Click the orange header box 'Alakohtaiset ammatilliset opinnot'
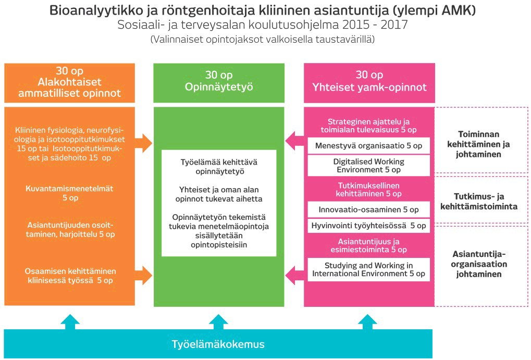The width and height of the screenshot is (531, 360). coord(69,83)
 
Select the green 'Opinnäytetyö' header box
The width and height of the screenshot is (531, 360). coord(219,83)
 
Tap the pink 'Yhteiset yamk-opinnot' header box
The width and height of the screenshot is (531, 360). coord(369,83)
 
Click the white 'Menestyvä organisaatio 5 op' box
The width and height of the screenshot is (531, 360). coord(368,146)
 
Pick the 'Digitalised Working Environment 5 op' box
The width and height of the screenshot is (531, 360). coord(368,166)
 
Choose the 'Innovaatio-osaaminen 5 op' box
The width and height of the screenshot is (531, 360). coord(368,209)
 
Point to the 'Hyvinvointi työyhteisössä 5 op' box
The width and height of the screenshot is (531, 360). coord(368,226)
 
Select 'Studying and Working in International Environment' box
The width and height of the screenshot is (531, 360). coord(368,269)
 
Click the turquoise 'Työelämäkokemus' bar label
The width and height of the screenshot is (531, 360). coord(218,344)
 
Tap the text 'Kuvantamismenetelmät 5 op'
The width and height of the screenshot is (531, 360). coord(69,193)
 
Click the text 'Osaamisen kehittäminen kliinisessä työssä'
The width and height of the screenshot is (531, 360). coord(69,276)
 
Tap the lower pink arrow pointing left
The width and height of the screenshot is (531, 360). coord(294,273)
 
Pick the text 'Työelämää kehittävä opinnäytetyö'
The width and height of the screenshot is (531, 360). coord(219,166)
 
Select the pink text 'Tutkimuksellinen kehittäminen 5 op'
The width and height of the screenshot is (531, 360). coord(368,189)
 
